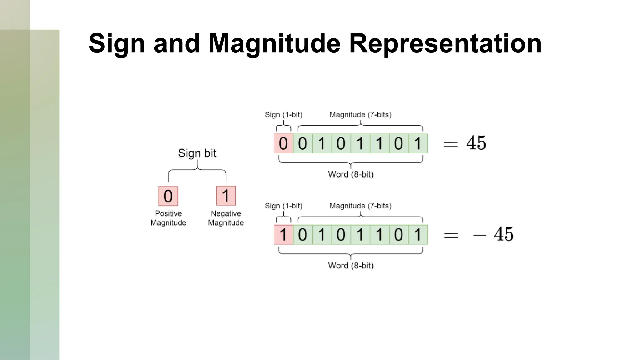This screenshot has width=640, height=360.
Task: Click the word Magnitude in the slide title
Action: click(x=274, y=43)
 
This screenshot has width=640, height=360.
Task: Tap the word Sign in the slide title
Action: click(x=117, y=43)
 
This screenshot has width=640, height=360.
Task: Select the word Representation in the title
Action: click(x=445, y=43)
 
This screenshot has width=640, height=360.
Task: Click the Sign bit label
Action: click(x=197, y=153)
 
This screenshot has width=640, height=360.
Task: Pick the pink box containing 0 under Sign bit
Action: click(x=168, y=196)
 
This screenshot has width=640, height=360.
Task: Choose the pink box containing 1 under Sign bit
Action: click(x=226, y=196)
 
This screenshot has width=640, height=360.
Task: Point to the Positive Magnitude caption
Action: click(x=168, y=218)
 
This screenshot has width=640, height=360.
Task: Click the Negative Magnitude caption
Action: click(x=226, y=218)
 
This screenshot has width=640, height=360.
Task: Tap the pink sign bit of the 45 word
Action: click(x=283, y=143)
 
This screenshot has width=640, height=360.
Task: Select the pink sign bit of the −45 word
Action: click(x=283, y=235)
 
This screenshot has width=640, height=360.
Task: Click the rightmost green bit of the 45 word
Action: click(x=418, y=143)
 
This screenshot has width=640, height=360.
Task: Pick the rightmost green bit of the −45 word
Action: click(x=418, y=235)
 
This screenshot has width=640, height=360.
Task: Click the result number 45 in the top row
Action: click(x=476, y=143)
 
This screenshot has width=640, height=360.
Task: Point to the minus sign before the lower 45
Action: click(x=480, y=235)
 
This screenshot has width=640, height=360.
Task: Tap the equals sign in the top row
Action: click(x=451, y=144)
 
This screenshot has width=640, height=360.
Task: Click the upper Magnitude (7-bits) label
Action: click(x=360, y=115)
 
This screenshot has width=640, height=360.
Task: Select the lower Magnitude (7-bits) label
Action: click(x=360, y=206)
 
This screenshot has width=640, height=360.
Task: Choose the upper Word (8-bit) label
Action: click(x=351, y=174)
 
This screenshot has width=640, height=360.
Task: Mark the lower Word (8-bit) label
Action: click(x=351, y=266)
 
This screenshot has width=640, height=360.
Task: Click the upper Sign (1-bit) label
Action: click(x=283, y=115)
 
